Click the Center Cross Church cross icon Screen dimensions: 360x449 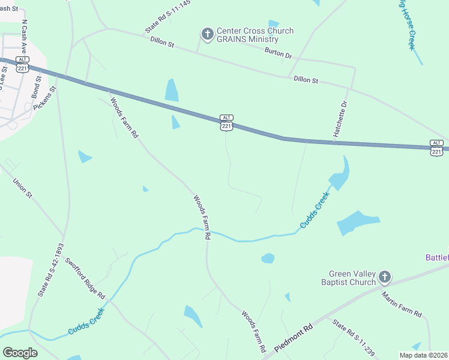(x=207, y=34)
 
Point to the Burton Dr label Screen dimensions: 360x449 (x=279, y=53)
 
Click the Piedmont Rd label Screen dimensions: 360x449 (x=294, y=339)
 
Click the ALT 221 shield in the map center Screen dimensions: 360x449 (x=226, y=122)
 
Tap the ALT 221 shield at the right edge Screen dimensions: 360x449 (x=436, y=147)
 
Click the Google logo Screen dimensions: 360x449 (x=20, y=353)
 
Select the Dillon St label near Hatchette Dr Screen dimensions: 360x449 (x=306, y=80)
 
